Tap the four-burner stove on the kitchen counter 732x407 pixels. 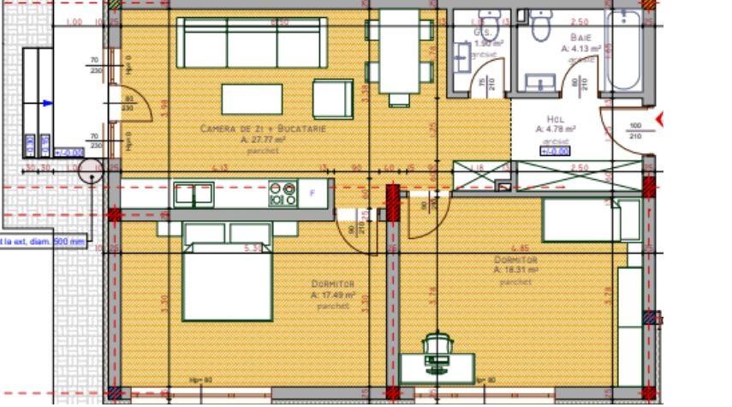click(x=283, y=193)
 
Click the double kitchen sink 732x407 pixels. click(x=193, y=195)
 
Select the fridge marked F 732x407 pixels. click(x=312, y=194)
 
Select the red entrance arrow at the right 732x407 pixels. click(x=660, y=117)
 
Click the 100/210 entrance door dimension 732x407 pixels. click(x=634, y=131)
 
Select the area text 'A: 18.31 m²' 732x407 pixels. click(x=514, y=269)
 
